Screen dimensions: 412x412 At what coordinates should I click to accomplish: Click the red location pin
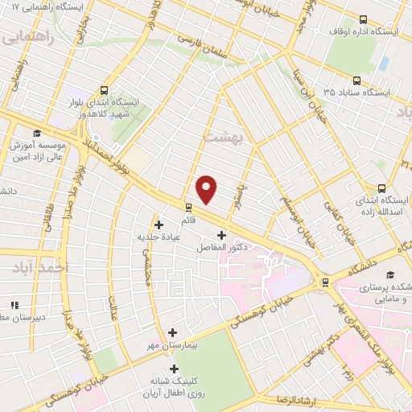tap(207, 188)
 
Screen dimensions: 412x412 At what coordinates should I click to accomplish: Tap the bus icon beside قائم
tap(188, 206)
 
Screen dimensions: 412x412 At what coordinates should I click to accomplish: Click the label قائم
tap(188, 219)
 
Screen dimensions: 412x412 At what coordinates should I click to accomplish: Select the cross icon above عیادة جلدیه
tap(159, 225)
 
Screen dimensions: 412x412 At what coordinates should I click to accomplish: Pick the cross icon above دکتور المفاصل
tap(221, 235)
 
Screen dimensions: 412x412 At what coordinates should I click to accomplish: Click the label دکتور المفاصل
tap(221, 248)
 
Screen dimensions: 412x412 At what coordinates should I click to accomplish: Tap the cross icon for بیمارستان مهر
tap(172, 332)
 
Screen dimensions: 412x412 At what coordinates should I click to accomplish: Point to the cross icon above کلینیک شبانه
tap(174, 369)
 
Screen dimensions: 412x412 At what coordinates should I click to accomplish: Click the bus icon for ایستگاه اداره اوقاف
tap(363, 19)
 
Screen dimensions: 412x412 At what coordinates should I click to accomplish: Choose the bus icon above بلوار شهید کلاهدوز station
tap(104, 90)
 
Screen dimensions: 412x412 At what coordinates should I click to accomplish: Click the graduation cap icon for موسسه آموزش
tap(36, 134)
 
